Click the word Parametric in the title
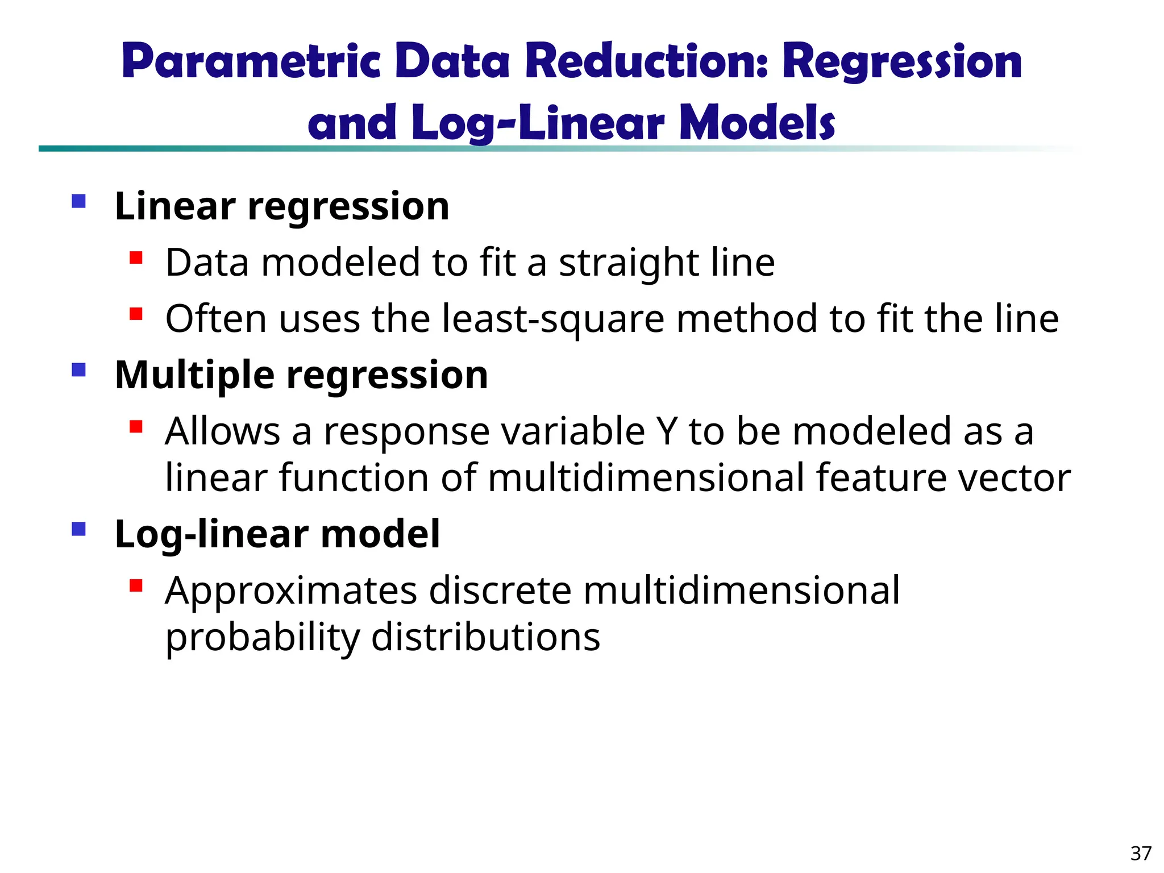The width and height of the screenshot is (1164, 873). [x=251, y=61]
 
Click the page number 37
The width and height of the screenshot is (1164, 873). [x=1141, y=853]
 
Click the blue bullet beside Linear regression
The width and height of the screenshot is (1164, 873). [x=79, y=201]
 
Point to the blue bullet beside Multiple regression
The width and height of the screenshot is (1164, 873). [x=79, y=371]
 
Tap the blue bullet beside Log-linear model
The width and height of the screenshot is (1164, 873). [x=79, y=530]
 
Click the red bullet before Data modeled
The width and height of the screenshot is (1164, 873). [x=136, y=259]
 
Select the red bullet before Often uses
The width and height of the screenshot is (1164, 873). [x=136, y=314]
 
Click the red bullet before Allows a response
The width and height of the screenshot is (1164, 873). [x=136, y=427]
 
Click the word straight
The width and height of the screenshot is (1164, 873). [x=629, y=264]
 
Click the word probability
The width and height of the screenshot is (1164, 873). [x=262, y=638]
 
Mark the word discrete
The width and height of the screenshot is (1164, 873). [x=500, y=591]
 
